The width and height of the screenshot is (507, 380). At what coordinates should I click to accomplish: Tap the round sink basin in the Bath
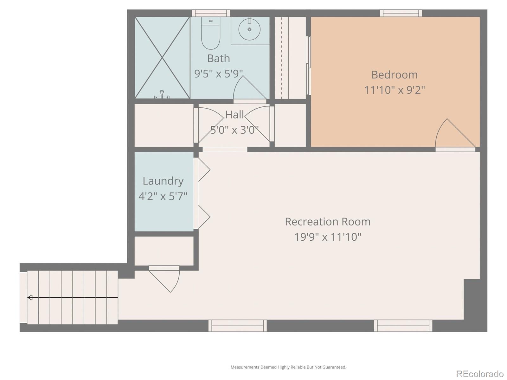point(249,29)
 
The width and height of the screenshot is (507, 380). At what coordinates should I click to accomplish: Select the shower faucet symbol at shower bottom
point(162,94)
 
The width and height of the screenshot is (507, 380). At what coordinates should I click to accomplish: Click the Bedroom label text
point(394,75)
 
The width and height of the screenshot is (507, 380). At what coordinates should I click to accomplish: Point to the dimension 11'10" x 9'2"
point(394,90)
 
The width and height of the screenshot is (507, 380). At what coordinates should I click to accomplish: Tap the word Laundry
point(163,181)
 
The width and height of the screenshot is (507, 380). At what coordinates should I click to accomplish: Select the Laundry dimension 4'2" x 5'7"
point(163,196)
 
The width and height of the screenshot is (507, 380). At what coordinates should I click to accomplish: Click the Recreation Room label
point(327,222)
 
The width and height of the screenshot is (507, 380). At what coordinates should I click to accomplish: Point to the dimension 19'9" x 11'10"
point(327,237)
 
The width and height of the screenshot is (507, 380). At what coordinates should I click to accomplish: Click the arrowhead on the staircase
point(30,297)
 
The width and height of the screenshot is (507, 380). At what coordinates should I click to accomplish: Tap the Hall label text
point(234,115)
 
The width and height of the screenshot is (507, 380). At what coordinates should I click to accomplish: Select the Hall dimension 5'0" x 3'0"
point(234,130)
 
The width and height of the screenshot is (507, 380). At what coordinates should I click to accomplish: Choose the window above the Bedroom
point(401,13)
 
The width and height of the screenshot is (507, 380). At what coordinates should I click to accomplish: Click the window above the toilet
point(211,13)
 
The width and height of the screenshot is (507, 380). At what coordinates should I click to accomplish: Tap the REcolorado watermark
point(479,374)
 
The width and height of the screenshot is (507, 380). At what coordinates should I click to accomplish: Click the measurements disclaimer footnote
point(288,367)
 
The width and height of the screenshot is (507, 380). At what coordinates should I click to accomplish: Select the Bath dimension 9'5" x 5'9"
point(218,73)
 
